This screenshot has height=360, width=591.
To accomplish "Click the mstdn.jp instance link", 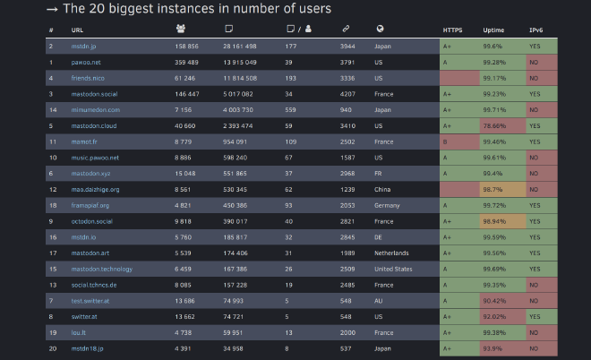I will point(83,46).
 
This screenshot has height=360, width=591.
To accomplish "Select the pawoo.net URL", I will point(86,62).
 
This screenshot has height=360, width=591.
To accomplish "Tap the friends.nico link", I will point(88,78).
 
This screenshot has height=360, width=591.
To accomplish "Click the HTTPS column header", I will point(452,30).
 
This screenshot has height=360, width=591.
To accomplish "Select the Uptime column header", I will point(492,30).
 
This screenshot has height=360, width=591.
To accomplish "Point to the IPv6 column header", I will point(535,30).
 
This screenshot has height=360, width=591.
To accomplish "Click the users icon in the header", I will point(182,30).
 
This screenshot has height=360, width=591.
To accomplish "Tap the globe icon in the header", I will point(380,30).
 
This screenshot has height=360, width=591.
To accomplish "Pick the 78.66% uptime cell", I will point(495,125).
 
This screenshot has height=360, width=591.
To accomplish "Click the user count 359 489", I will point(187,62).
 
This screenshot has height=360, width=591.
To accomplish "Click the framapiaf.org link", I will point(90,205).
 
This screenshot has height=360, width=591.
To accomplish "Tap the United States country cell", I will point(394,269).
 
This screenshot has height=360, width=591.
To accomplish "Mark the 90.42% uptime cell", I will point(495,301).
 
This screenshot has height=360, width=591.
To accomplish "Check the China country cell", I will point(384,190).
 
